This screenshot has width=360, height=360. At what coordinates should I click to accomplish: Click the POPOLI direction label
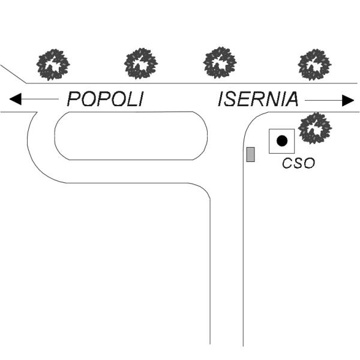[x=105, y=99]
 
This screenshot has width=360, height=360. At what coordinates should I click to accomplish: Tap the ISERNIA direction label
[x=257, y=99]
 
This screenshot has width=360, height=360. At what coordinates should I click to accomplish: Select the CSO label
[x=299, y=163]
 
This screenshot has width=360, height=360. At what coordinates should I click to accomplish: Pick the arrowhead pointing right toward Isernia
[x=347, y=100]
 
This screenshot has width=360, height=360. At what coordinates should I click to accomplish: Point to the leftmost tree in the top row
[x=53, y=64]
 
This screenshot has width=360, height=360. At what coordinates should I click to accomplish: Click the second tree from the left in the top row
[x=141, y=63]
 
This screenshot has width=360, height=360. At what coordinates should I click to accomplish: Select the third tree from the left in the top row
[x=220, y=62]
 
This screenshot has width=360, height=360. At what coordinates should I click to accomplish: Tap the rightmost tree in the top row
[x=314, y=64]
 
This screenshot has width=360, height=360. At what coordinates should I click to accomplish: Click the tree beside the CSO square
[x=315, y=128]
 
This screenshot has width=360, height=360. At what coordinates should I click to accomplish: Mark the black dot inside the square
[x=281, y=141]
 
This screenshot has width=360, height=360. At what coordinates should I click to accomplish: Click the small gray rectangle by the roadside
[x=251, y=154]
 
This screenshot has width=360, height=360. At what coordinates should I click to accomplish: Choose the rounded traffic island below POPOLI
[x=131, y=136]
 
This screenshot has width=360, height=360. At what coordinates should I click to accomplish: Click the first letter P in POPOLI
[x=74, y=99]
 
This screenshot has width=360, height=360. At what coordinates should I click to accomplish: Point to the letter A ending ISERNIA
[x=291, y=99]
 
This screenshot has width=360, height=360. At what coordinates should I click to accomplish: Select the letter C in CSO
[x=287, y=163]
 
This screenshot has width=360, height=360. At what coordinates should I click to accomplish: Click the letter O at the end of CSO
[x=310, y=163]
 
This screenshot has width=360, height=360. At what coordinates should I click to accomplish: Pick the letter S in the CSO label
[x=298, y=163]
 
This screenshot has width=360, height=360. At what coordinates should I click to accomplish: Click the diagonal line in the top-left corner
[x=13, y=74]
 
